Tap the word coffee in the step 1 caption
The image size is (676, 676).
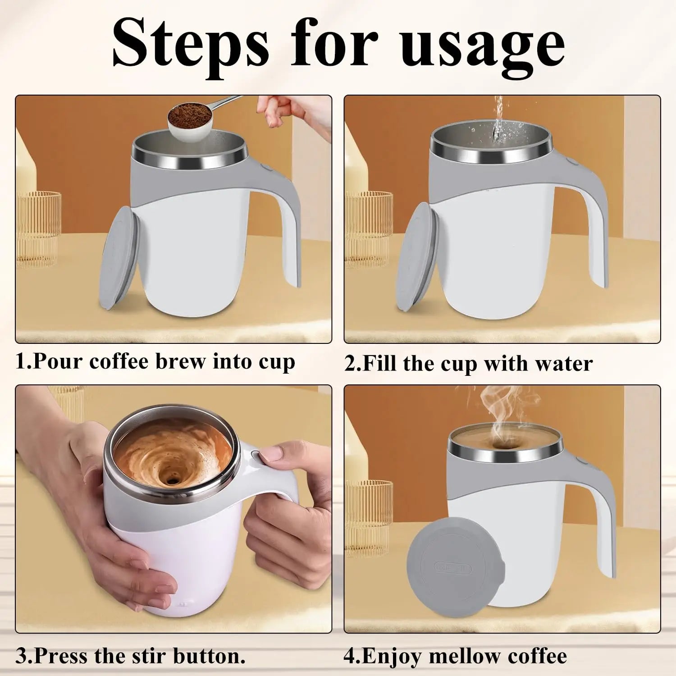click(x=119, y=361)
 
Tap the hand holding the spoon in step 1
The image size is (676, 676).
click(x=288, y=110)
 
